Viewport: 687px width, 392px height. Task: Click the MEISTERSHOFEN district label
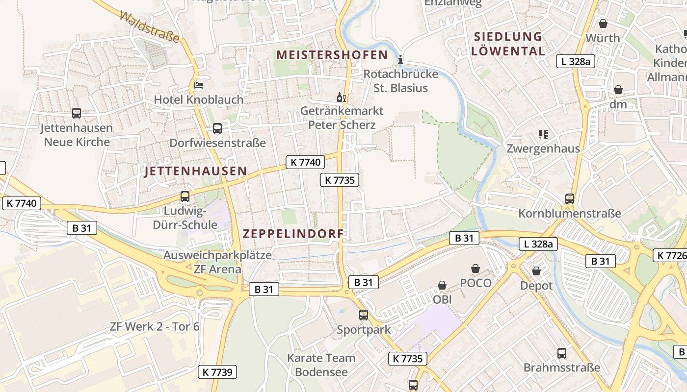332,55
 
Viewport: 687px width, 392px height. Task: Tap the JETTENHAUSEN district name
196,171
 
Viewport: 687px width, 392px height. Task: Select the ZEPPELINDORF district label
293,234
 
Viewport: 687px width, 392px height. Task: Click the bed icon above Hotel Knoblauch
198,86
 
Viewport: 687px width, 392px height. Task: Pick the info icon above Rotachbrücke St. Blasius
400,60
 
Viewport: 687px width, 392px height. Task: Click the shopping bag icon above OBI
442,285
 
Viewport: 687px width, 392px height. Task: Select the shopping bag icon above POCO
475,269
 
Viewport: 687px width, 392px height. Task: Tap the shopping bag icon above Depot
536,271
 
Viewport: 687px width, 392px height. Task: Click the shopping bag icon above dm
618,90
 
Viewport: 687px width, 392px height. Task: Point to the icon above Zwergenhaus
543,134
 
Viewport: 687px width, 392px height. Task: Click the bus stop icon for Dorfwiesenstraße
217,128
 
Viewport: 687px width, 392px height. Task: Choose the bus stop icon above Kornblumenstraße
570,199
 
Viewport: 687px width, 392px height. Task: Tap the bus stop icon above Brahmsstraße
562,353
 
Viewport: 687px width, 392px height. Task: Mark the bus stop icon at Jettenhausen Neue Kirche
77,113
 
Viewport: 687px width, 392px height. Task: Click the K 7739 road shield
217,372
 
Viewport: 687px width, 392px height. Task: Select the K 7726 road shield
670,255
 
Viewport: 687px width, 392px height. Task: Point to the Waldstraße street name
149,27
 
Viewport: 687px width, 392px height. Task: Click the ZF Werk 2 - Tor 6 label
155,326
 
